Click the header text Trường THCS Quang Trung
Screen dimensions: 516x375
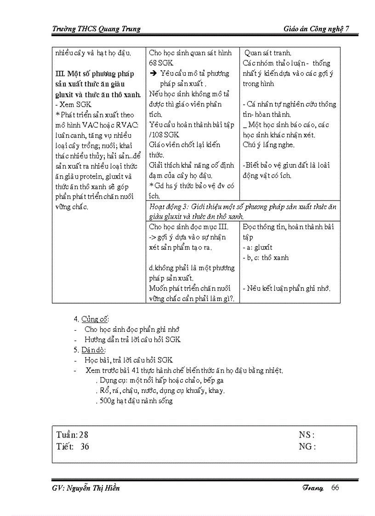click(96, 29)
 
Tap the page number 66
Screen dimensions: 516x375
click(335, 488)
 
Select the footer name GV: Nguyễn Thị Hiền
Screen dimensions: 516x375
click(86, 488)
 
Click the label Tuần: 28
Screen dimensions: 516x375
click(72, 435)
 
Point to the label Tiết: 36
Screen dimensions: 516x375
click(73, 446)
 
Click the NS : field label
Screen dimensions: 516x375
click(307, 435)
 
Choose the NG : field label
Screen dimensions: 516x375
click(307, 446)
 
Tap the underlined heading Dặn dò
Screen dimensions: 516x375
click(93, 350)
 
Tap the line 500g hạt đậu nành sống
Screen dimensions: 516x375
click(136, 401)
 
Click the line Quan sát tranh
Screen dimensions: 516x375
click(267, 53)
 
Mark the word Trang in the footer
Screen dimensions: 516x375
click(313, 488)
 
